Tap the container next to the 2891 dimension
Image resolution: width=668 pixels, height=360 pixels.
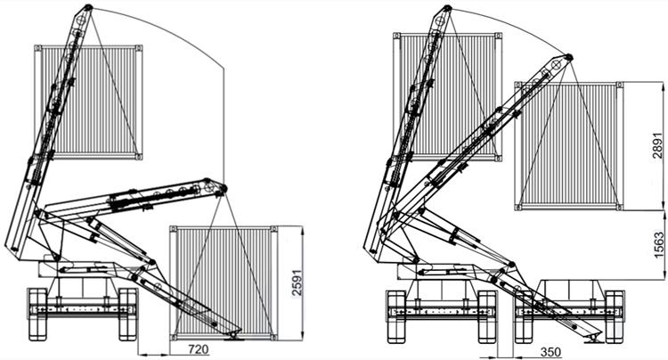click(566, 145)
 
